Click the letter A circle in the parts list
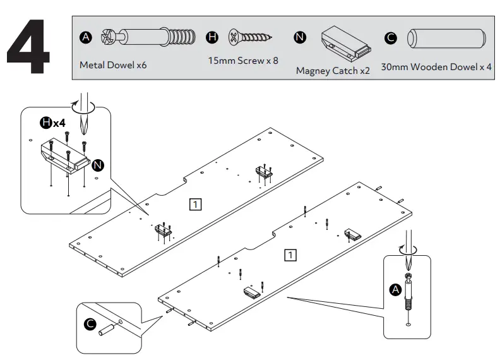[86, 39]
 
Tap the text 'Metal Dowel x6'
[113, 65]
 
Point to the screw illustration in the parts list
[250, 37]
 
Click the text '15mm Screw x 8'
[242, 61]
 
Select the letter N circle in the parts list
[300, 39]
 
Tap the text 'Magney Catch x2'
[333, 71]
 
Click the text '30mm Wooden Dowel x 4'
[436, 66]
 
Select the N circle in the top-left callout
[98, 165]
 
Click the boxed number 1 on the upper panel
[196, 203]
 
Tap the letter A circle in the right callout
[395, 289]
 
